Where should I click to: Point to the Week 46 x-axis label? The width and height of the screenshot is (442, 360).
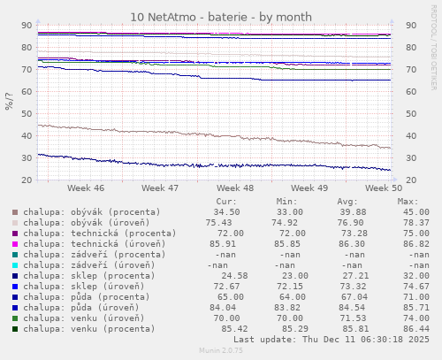[86, 188]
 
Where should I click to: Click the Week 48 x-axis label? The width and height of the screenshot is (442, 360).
[235, 188]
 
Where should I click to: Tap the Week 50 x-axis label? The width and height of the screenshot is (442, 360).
[384, 188]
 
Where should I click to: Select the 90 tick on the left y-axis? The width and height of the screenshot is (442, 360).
[27, 26]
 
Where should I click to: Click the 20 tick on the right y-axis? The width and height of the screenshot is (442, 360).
[412, 180]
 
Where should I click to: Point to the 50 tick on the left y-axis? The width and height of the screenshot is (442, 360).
[27, 114]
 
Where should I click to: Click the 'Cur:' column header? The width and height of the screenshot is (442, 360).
[226, 202]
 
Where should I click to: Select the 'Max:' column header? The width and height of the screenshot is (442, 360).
[408, 202]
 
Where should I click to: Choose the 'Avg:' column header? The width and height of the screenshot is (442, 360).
[347, 202]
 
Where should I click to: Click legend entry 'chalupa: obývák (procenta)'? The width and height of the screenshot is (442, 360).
[92, 212]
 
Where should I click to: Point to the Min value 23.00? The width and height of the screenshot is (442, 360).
[291, 275]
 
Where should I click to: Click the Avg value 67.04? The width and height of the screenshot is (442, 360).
[351, 296]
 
